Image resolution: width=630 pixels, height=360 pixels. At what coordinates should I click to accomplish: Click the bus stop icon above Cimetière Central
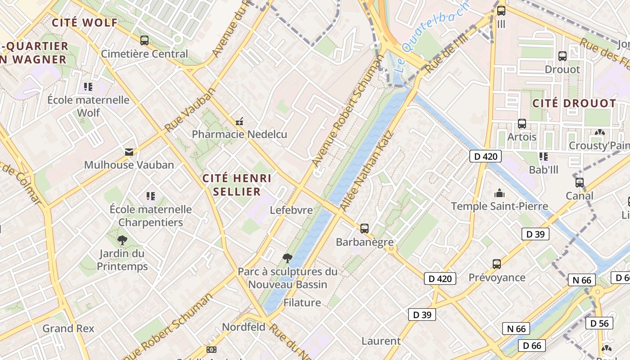point(144,40)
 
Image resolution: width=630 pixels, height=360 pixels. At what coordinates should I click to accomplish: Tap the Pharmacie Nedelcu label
point(239,134)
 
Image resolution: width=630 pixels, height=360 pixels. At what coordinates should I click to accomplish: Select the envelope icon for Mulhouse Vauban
point(129,152)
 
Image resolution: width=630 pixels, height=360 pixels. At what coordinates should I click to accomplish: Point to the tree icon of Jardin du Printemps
point(122,240)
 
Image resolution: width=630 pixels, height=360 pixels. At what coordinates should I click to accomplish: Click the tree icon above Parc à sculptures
point(287,258)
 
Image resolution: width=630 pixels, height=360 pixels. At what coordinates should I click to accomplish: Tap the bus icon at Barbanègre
point(364,229)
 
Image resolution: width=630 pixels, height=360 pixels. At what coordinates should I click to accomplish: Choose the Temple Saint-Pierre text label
point(499,206)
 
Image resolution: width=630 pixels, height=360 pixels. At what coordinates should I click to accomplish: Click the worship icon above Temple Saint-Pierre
point(499,193)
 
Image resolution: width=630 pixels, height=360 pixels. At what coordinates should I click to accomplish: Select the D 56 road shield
point(599,323)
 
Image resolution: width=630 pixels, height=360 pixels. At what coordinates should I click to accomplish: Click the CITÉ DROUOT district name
point(574,103)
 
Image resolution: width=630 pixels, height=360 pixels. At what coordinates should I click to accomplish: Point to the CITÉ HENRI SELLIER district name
point(237,185)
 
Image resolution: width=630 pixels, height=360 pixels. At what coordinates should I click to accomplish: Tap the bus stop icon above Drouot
point(562,56)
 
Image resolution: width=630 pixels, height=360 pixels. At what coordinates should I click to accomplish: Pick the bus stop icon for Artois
point(522,124)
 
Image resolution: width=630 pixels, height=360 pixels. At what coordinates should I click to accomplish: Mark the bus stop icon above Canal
point(580,183)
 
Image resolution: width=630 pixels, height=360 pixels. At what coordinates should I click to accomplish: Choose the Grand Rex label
point(68,328)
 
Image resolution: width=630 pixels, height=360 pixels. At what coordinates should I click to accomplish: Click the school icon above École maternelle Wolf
point(88,86)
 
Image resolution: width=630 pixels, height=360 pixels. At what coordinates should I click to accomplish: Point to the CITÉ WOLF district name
point(85,22)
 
